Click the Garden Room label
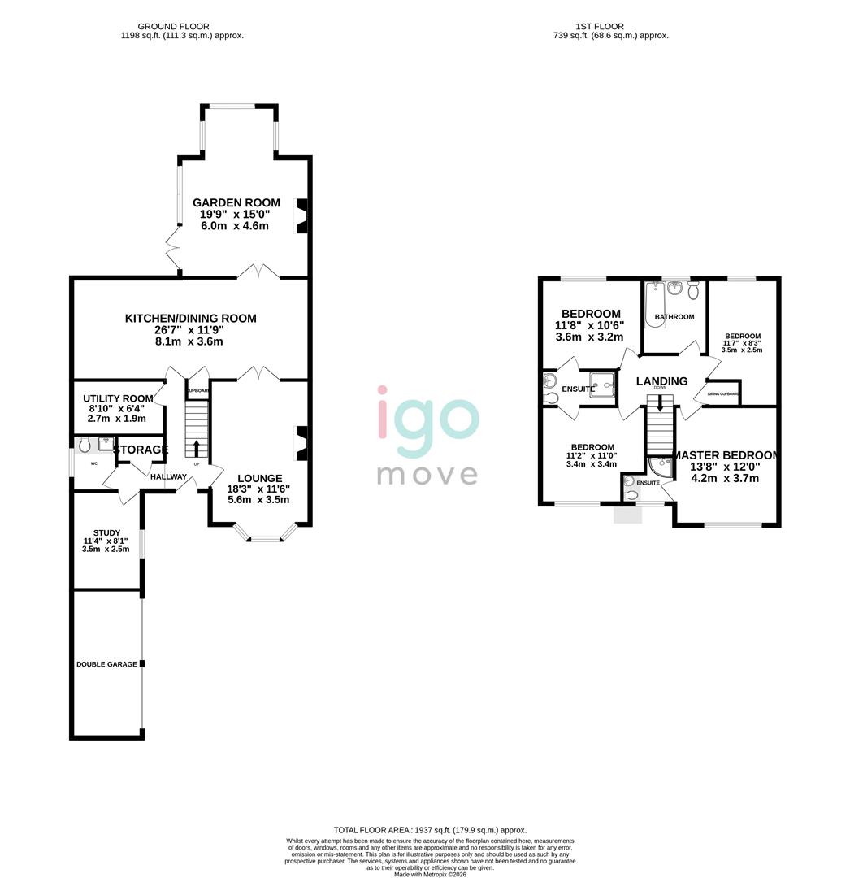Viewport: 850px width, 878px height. (236, 203)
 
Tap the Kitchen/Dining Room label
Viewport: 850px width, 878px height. (190, 319)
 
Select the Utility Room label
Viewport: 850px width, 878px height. (118, 398)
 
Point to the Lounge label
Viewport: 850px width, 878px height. (259, 479)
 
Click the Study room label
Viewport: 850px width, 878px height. (106, 533)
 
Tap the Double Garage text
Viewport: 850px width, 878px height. (106, 664)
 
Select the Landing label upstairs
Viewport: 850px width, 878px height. (661, 380)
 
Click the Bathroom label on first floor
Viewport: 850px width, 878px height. (674, 317)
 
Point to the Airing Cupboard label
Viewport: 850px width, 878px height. (723, 394)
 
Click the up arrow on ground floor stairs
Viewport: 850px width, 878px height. (196, 448)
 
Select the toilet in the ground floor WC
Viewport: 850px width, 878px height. (85, 445)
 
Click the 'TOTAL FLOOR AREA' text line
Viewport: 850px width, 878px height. (430, 829)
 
